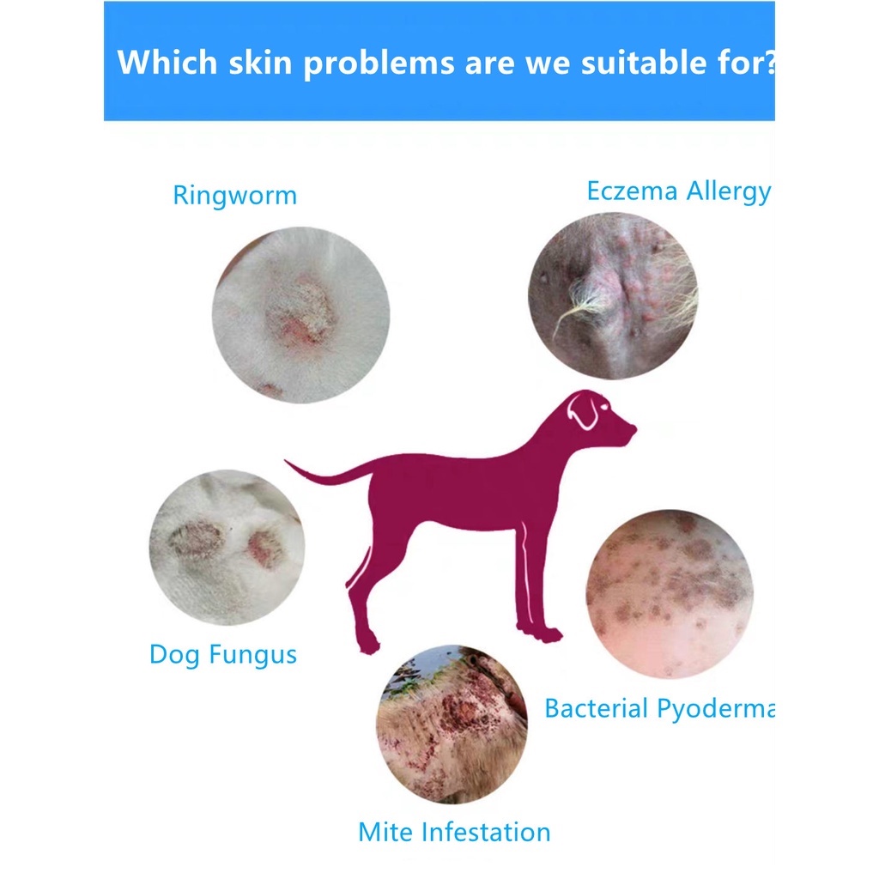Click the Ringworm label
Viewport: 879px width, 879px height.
pyautogui.click(x=234, y=195)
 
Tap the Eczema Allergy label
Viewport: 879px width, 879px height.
pyautogui.click(x=678, y=191)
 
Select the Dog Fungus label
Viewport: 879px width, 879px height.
pyautogui.click(x=222, y=654)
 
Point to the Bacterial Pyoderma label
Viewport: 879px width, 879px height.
pyautogui.click(x=659, y=708)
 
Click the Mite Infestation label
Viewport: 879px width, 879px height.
pyautogui.click(x=454, y=831)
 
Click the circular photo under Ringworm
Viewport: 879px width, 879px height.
pyautogui.click(x=300, y=315)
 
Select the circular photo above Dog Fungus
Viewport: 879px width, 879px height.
pyautogui.click(x=226, y=547)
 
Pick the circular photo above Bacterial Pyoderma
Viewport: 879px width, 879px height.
pyautogui.click(x=670, y=593)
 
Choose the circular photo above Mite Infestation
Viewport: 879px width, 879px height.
pyautogui.click(x=452, y=724)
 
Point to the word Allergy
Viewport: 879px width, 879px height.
pyautogui.click(x=727, y=191)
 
